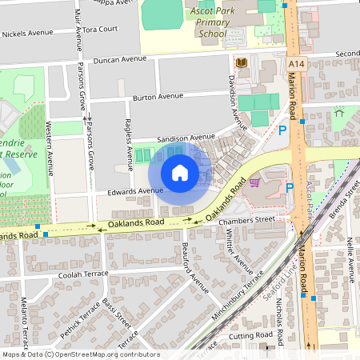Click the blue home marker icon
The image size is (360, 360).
(180, 172)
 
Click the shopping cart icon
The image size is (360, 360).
(254, 182)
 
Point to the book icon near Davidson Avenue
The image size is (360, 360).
(241, 62)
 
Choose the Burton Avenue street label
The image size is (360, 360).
(158, 96)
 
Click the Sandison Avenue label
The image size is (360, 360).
(186, 137)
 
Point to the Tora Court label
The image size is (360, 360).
(100, 29)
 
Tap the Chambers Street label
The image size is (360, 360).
(252, 218)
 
